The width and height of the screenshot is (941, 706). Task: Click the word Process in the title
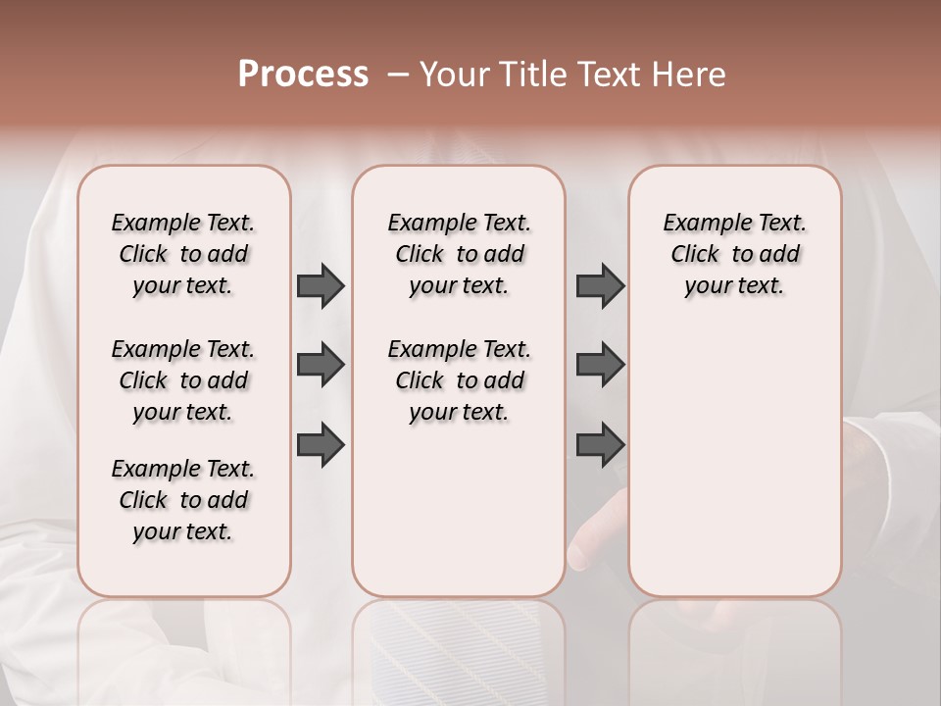pyautogui.click(x=303, y=75)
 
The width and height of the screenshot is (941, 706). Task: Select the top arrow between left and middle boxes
pyautogui.click(x=321, y=285)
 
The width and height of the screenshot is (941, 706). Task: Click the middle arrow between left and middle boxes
pyautogui.click(x=321, y=365)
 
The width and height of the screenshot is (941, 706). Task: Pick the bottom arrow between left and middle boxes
pyautogui.click(x=321, y=444)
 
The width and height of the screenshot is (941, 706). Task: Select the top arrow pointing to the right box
pyautogui.click(x=600, y=285)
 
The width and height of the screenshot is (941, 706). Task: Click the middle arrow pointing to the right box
pyautogui.click(x=600, y=365)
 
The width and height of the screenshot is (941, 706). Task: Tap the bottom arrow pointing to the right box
pyautogui.click(x=600, y=444)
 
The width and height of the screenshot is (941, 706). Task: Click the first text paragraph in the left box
pyautogui.click(x=183, y=254)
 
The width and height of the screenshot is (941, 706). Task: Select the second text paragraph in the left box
pyautogui.click(x=183, y=380)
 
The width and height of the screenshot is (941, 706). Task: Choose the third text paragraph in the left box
pyautogui.click(x=183, y=500)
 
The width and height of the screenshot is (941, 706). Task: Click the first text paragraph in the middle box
pyautogui.click(x=460, y=254)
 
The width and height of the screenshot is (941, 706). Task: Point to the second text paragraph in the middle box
pyautogui.click(x=460, y=380)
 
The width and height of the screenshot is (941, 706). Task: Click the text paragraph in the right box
pyautogui.click(x=735, y=254)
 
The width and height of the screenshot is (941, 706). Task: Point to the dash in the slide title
pyautogui.click(x=396, y=75)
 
